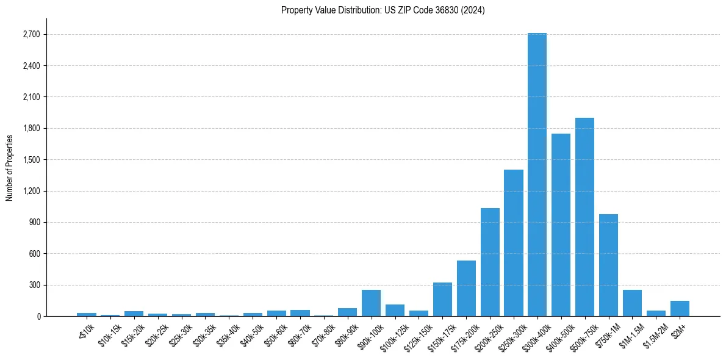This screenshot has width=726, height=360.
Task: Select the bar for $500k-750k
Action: point(584,217)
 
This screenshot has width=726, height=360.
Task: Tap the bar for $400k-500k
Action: point(561,225)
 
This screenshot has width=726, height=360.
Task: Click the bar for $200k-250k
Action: point(490,262)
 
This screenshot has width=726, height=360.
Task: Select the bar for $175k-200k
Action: point(466,288)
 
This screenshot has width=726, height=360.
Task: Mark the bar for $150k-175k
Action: point(442,299)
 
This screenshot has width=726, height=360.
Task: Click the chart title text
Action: point(383,10)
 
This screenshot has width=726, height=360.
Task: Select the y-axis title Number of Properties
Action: point(10,167)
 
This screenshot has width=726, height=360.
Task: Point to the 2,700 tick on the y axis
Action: point(31,34)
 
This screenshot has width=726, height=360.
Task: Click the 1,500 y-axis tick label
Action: point(31,160)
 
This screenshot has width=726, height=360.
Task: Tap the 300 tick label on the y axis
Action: point(33,285)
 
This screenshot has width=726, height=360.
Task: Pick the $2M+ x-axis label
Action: point(678,330)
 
